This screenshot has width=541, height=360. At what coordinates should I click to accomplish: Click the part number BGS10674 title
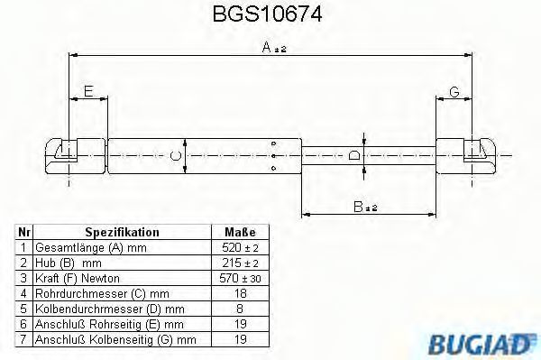pyautogui.click(x=268, y=14)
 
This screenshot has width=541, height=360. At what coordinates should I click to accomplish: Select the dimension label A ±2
pyautogui.click(x=274, y=47)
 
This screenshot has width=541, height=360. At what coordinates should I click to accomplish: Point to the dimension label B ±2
pyautogui.click(x=365, y=207)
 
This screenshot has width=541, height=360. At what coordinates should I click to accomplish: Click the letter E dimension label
pyautogui.click(x=88, y=91)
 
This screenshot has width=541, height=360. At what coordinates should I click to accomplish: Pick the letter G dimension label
pyautogui.click(x=454, y=92)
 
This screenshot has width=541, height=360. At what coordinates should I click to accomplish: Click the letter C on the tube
pyautogui.click(x=176, y=156)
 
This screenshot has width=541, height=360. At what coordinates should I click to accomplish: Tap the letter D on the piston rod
pyautogui.click(x=354, y=155)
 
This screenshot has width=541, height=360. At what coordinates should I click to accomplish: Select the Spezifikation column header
pyautogui.click(x=122, y=232)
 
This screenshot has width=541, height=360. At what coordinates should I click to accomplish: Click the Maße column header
pyautogui.click(x=240, y=232)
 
